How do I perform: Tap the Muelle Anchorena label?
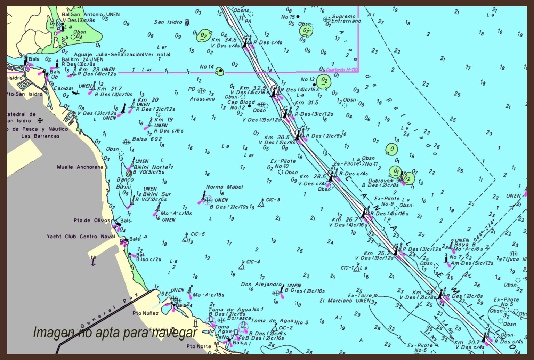80,167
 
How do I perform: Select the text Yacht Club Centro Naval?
81,237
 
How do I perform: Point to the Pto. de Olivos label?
92,220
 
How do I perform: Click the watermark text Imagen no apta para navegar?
115,333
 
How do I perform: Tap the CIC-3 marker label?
273,200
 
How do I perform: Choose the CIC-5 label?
198,234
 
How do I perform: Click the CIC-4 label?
253,262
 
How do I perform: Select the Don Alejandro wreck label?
261,284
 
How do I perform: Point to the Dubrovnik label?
381,181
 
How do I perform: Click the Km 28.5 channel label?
313,176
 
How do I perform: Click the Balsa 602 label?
147,139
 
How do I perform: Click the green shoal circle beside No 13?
324,81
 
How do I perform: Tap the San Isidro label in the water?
168,22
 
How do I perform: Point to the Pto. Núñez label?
145,313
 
